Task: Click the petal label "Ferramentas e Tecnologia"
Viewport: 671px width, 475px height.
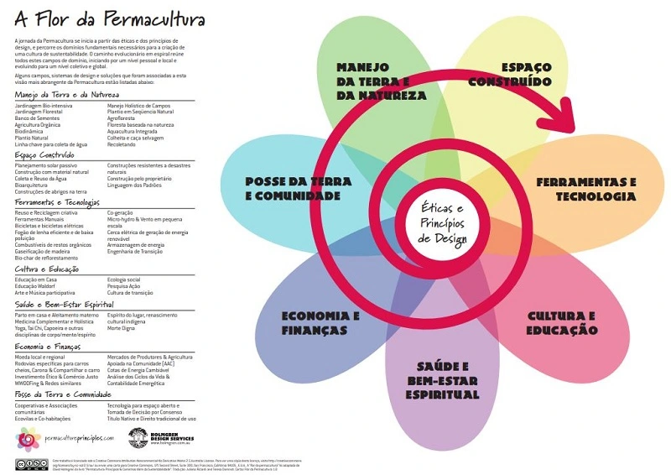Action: tap(586, 189)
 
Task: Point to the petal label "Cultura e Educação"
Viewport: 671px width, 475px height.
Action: tap(562, 323)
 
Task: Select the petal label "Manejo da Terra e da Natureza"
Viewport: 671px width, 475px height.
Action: tap(382, 81)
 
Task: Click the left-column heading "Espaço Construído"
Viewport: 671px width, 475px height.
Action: tap(45, 156)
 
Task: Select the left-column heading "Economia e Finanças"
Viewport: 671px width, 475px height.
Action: tap(49, 346)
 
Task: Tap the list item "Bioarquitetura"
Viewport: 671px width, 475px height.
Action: tap(34, 185)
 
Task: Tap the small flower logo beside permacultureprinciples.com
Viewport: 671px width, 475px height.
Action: tap(28, 437)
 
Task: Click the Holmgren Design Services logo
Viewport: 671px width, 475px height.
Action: tap(139, 437)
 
